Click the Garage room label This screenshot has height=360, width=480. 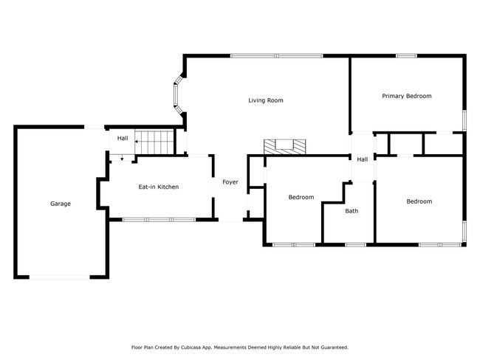click(x=61, y=204)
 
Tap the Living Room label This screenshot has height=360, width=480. click(x=266, y=100)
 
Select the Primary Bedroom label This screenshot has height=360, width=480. click(x=407, y=96)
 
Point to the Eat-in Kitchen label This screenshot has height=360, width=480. click(x=159, y=187)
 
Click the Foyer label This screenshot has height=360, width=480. click(x=230, y=182)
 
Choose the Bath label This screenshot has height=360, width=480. click(x=352, y=211)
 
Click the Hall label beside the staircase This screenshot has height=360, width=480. click(x=123, y=138)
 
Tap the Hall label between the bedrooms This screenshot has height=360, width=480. click(x=363, y=159)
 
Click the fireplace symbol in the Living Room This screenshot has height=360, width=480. click(x=285, y=147)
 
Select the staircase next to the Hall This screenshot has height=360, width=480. click(x=154, y=142)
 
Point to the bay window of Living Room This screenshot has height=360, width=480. click(x=179, y=95)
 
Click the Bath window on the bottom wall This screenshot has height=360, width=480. click(x=355, y=245)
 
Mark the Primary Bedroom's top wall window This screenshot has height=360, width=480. click(x=406, y=55)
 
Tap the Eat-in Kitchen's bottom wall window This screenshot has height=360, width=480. click(x=159, y=220)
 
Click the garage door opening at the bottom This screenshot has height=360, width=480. click(x=60, y=277)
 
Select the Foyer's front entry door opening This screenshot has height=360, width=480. click(x=230, y=220)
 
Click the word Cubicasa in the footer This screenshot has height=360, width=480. click(x=191, y=347)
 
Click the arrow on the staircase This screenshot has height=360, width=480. click(x=137, y=142)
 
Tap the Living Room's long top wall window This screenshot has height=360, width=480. click(x=277, y=55)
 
